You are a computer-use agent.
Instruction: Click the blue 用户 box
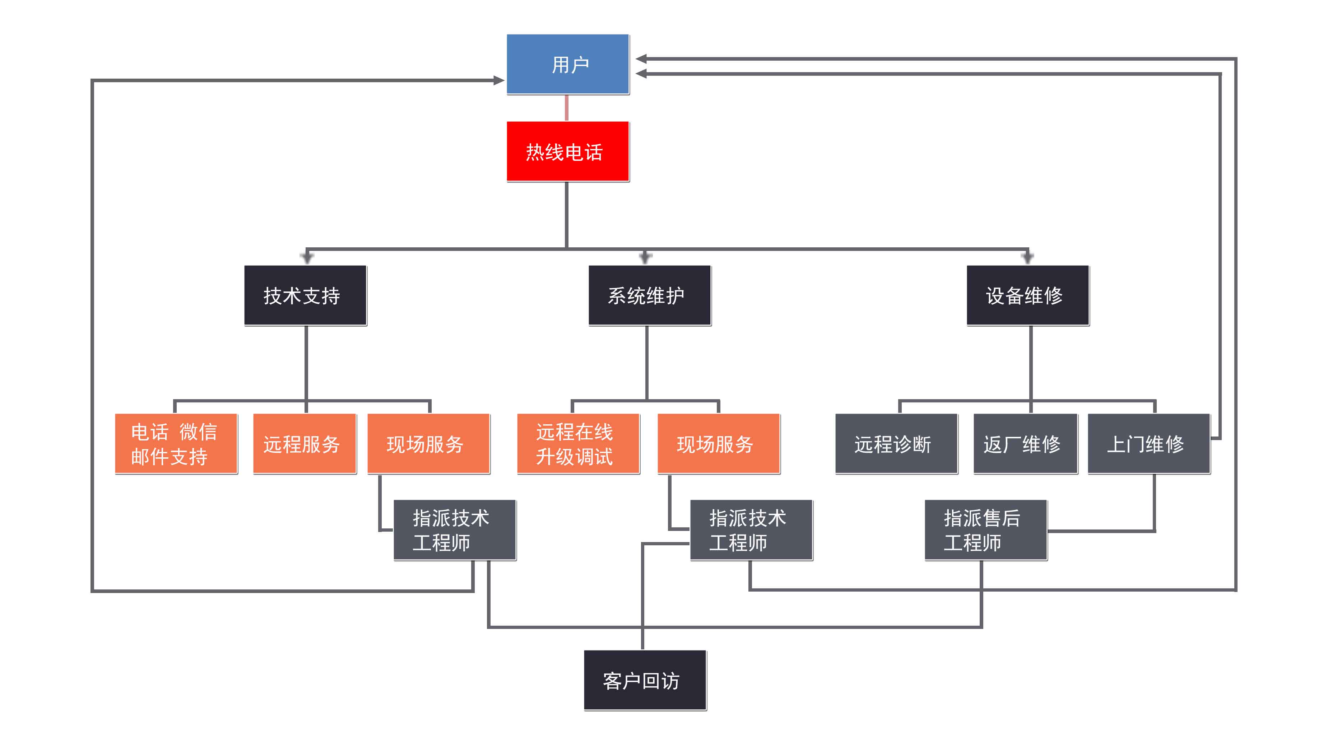click(568, 64)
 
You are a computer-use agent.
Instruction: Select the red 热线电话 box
click(568, 151)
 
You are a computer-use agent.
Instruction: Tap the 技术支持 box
click(305, 295)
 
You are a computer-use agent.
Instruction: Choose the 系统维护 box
click(649, 295)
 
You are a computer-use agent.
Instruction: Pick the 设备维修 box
click(1027, 295)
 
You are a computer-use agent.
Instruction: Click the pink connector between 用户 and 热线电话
click(566, 107)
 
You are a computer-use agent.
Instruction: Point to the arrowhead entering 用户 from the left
click(499, 80)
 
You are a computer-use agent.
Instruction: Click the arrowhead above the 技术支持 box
click(307, 257)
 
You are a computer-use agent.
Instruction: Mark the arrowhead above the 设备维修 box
click(1027, 257)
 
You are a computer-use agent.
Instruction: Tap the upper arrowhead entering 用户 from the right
click(641, 59)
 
